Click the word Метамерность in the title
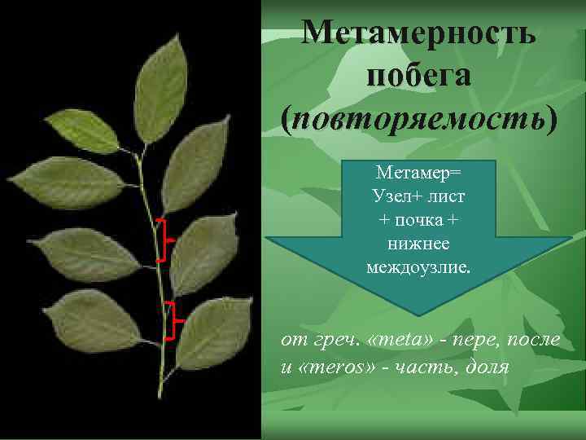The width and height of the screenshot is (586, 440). (418, 33)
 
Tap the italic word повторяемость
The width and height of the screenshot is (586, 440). (418, 118)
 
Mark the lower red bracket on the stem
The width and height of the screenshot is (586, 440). (170, 319)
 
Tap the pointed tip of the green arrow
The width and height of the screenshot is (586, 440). (421, 313)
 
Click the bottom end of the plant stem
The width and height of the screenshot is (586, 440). (160, 394)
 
